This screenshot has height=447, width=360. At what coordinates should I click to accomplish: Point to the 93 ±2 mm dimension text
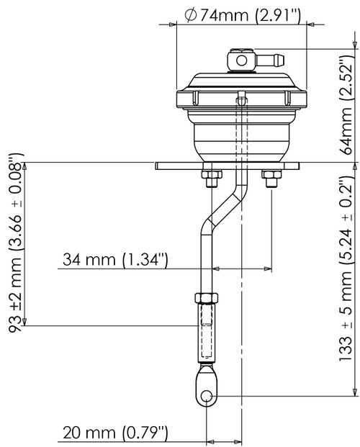13,245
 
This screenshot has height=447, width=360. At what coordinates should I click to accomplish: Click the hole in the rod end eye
207,395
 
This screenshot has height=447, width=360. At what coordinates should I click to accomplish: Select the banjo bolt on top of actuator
239,58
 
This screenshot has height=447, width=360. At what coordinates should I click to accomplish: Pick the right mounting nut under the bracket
272,179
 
